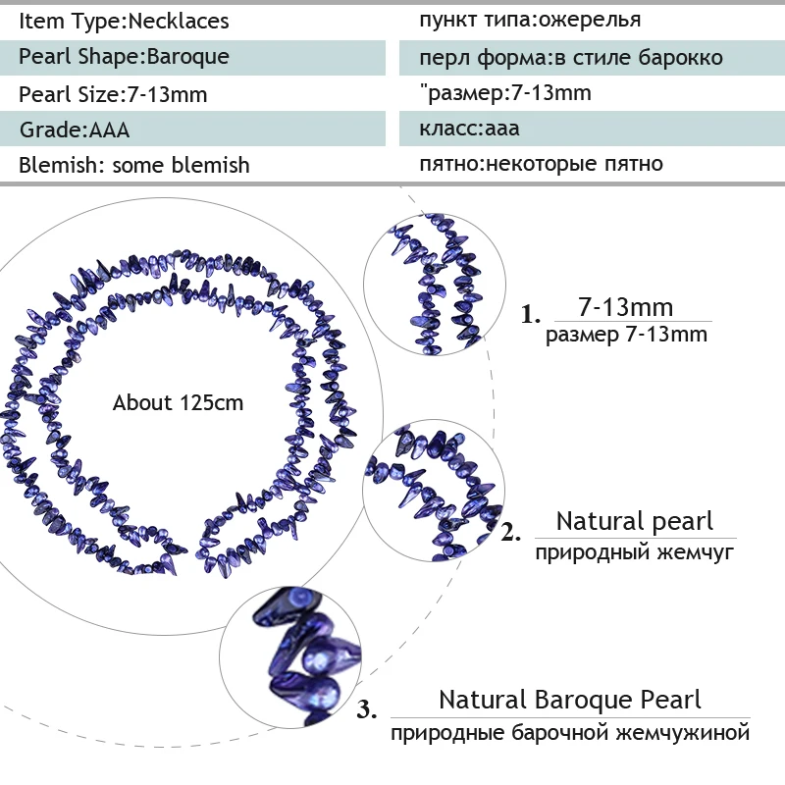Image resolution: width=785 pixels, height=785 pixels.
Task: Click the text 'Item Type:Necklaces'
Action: point(125,21)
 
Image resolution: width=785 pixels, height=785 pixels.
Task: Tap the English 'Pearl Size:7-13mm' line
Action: point(114,94)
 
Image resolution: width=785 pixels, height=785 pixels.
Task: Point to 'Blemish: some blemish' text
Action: point(134,165)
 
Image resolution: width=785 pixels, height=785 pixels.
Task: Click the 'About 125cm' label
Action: point(179,402)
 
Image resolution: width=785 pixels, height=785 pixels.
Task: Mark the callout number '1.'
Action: point(531,316)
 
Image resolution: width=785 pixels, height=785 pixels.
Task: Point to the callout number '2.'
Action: point(511,535)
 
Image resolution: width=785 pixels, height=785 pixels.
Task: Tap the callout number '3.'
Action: point(367,709)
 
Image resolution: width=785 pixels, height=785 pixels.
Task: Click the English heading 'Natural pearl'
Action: point(635,521)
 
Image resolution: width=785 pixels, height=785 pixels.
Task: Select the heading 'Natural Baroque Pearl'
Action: point(570,700)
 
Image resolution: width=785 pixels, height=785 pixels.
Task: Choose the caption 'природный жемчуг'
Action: point(635,552)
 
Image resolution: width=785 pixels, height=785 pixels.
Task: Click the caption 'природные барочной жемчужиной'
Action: point(570,733)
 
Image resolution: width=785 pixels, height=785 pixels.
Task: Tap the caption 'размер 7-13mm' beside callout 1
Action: point(626,335)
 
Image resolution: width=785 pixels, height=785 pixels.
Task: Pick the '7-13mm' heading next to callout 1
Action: point(626,306)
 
